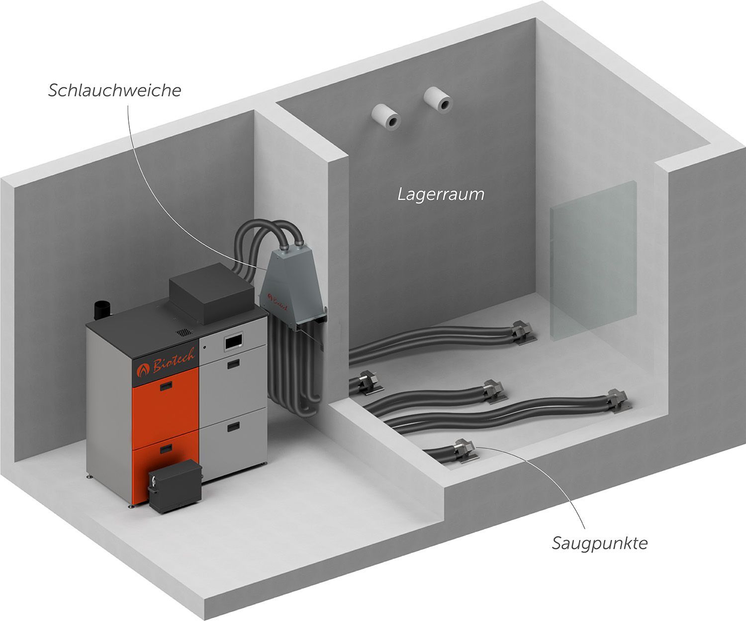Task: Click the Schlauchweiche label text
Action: point(114,90)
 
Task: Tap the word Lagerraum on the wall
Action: point(441,194)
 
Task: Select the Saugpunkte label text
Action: point(599,543)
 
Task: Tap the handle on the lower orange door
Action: point(164,450)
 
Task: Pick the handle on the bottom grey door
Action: point(233,426)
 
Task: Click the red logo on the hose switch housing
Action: point(272,298)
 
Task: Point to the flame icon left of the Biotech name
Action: point(144,369)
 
